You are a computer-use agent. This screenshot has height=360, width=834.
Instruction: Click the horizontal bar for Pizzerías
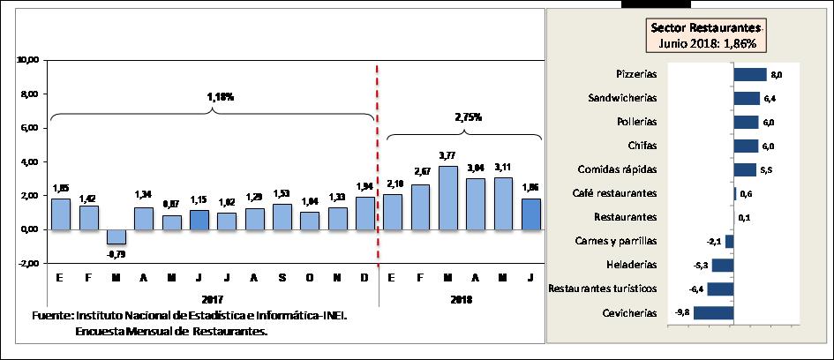point(749,75)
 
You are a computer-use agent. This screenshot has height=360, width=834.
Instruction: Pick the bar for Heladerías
point(723,264)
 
